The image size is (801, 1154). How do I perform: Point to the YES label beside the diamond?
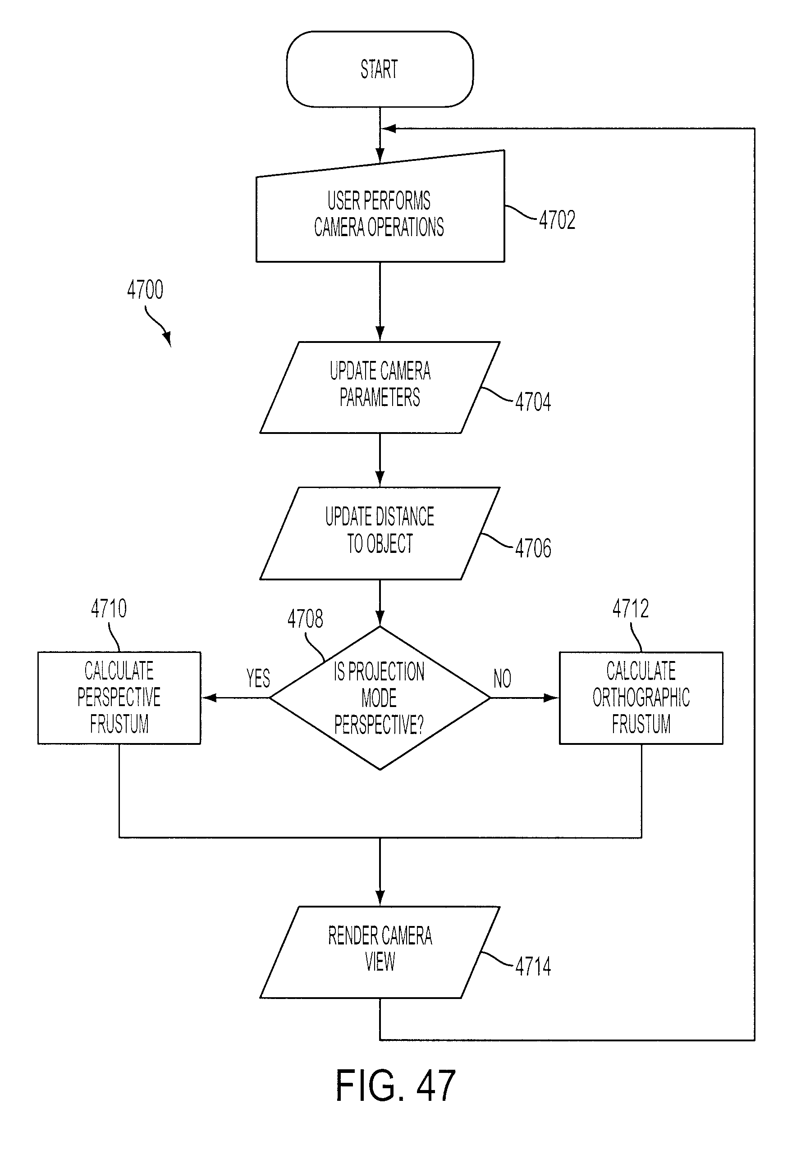click(x=258, y=678)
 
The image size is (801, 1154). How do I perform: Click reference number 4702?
click(x=557, y=220)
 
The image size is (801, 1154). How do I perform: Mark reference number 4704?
click(x=533, y=402)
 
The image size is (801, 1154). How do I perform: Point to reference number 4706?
click(x=533, y=548)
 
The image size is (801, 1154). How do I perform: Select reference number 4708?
click(x=305, y=619)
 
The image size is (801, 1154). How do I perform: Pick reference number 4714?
click(x=533, y=967)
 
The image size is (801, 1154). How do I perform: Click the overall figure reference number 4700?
click(x=145, y=290)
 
